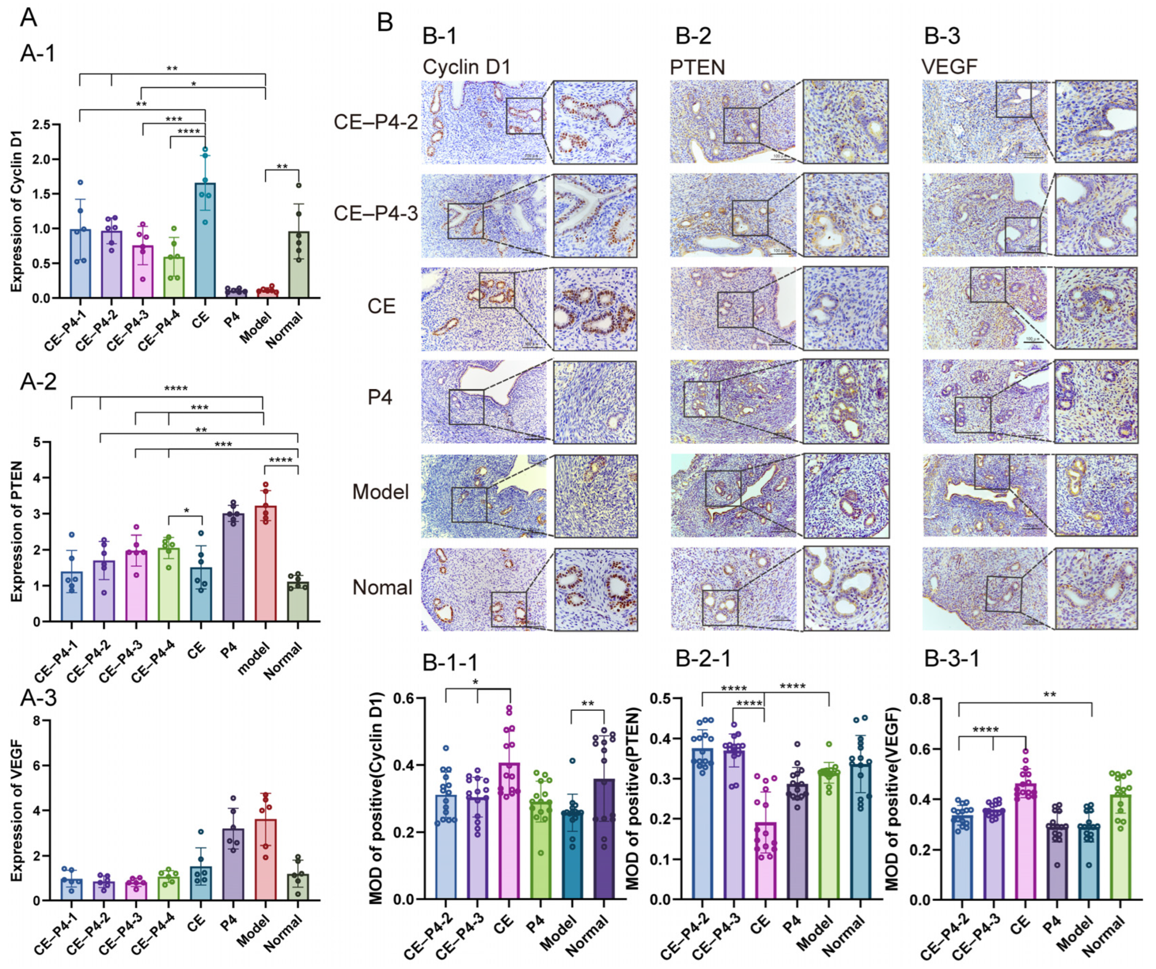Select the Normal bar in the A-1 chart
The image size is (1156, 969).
point(298,265)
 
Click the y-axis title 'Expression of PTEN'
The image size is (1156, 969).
point(18,531)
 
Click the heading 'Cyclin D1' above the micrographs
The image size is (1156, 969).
point(466,67)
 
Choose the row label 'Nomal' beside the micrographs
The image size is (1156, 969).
point(382,588)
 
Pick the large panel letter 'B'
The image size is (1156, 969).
point(385,23)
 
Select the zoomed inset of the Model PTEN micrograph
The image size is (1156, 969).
point(846,495)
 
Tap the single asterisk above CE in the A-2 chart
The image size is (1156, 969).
point(186,511)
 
